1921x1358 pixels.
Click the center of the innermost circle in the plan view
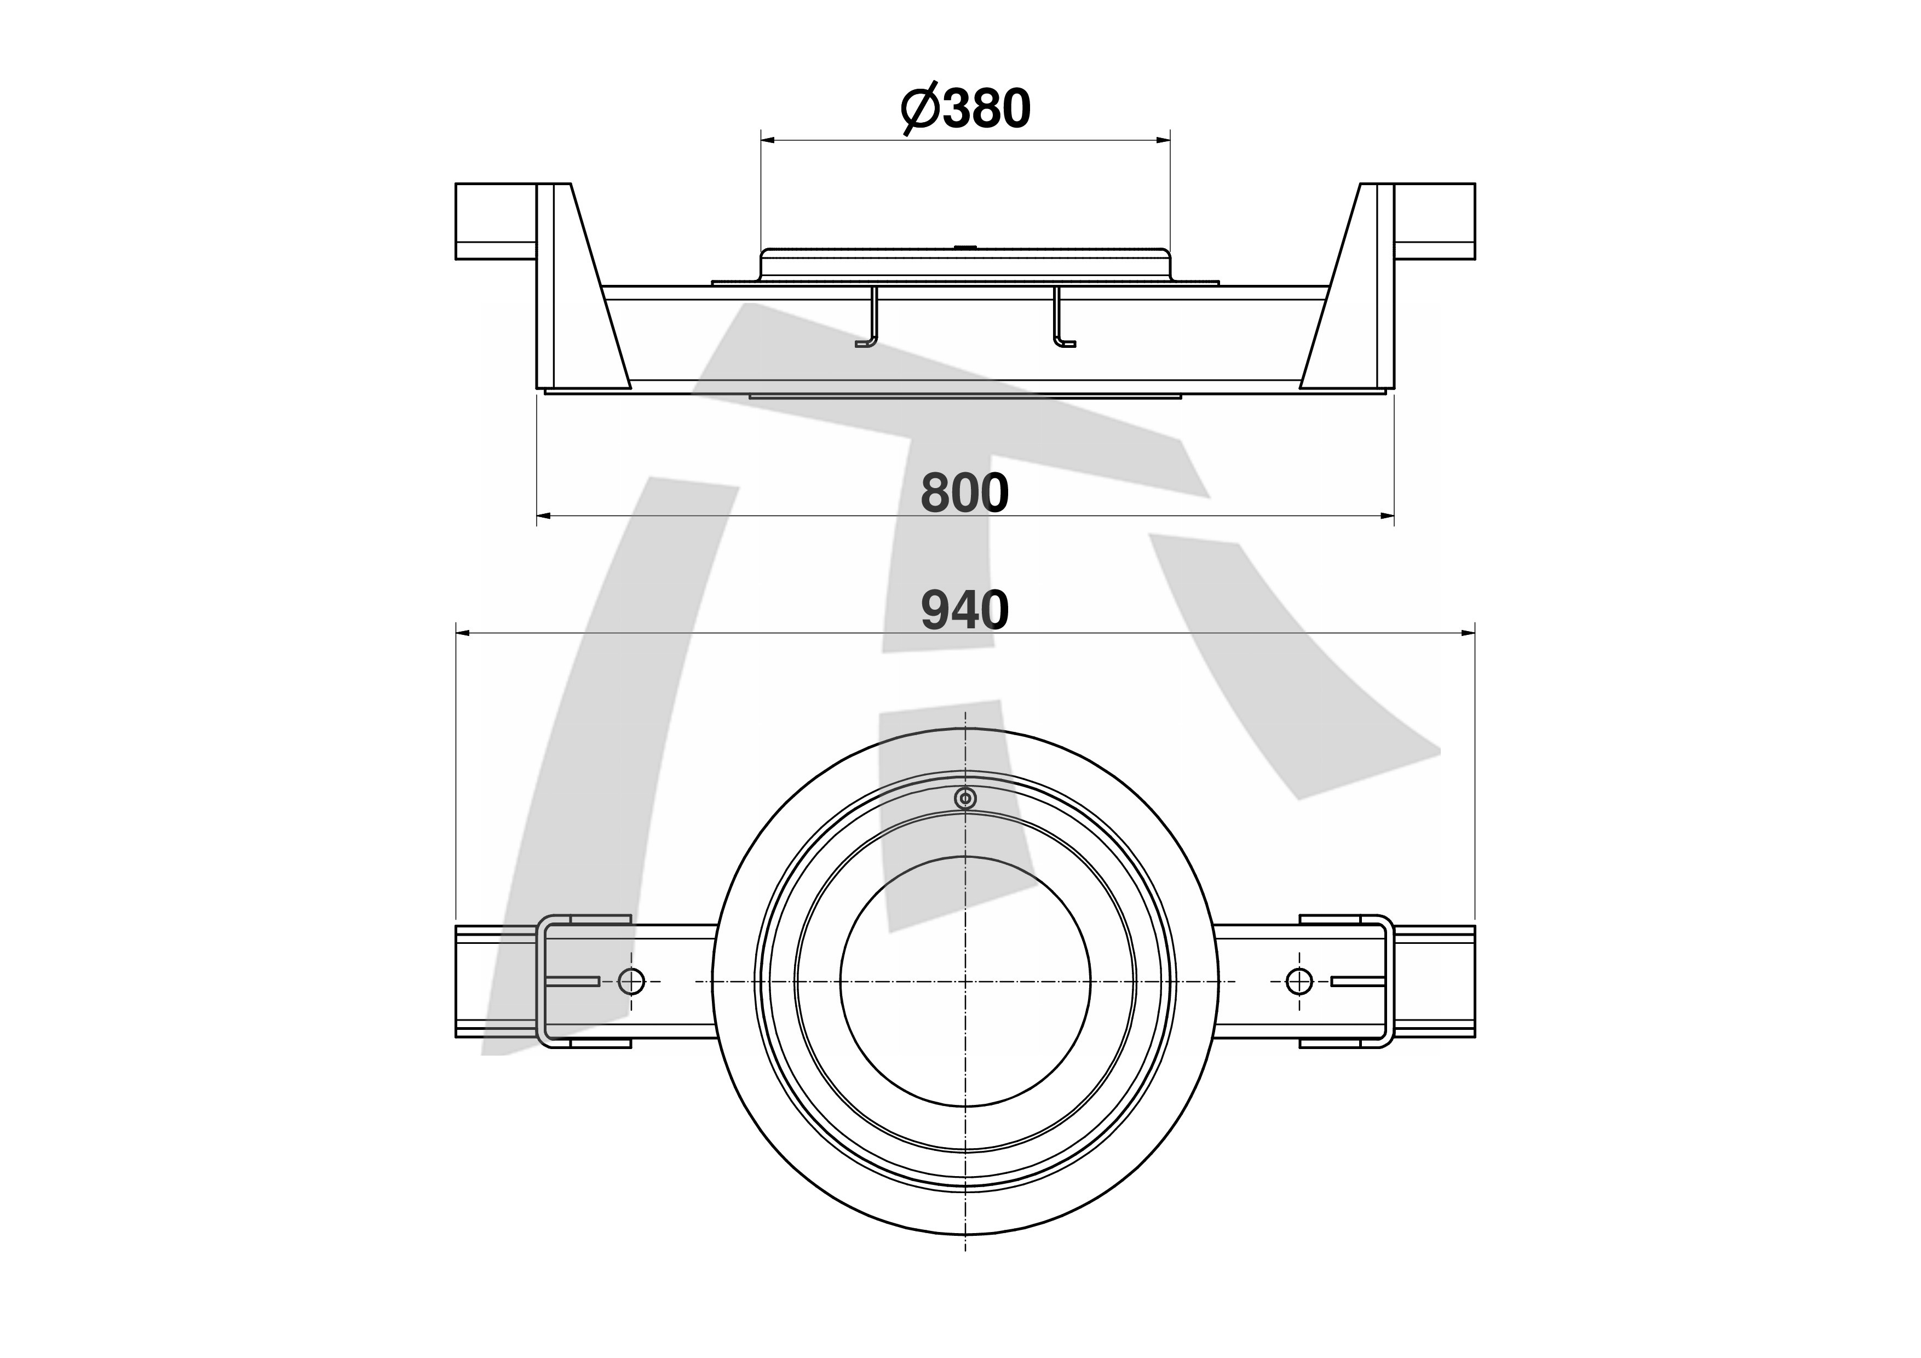pos(965,982)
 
